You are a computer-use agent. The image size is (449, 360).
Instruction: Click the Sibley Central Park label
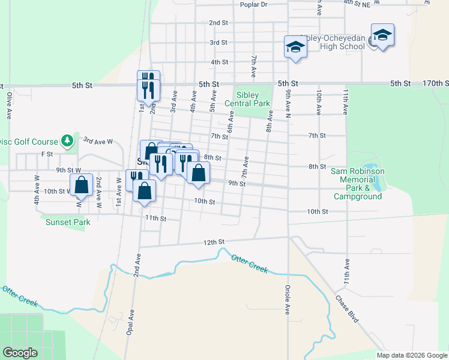pos(247,99)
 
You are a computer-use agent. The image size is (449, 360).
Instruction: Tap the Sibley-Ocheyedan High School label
pos(334,41)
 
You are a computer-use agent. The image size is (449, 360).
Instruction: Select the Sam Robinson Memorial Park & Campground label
pos(358,184)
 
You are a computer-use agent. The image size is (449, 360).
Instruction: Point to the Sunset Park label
pos(68,222)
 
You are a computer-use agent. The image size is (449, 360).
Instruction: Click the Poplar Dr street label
pos(253,4)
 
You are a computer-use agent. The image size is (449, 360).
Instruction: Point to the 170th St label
pos(432,83)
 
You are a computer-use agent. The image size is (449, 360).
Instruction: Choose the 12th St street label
pos(213,242)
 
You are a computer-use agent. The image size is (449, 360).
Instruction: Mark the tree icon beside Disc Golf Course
pos(68,141)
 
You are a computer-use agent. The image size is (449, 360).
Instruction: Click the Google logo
pos(20,353)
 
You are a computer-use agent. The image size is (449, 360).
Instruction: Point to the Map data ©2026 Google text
pos(411,355)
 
